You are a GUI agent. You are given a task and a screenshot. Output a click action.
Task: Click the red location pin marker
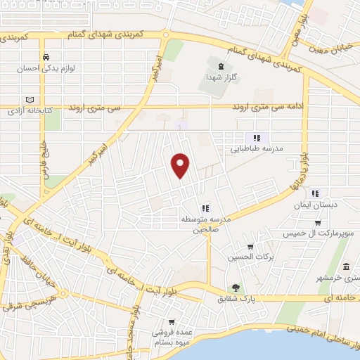[x=181, y=165]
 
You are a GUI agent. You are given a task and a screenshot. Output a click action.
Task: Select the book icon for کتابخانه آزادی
[x=29, y=100]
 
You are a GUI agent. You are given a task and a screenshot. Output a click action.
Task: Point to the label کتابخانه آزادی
[x=28, y=111]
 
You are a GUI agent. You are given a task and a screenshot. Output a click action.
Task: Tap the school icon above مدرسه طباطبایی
[x=257, y=138]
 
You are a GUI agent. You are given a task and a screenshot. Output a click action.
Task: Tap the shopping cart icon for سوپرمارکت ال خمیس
[x=318, y=223]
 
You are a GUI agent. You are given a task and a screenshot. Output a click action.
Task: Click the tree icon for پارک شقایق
[x=236, y=287]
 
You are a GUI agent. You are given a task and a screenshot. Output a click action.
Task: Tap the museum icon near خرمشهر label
[x=347, y=267]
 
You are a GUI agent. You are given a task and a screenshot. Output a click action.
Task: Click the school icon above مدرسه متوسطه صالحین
[x=205, y=207]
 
